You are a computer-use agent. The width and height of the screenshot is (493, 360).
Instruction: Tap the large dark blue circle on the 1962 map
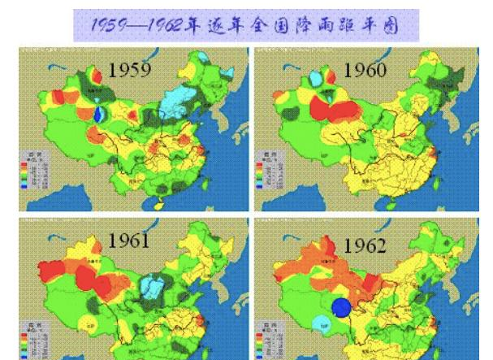point(342,308)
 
